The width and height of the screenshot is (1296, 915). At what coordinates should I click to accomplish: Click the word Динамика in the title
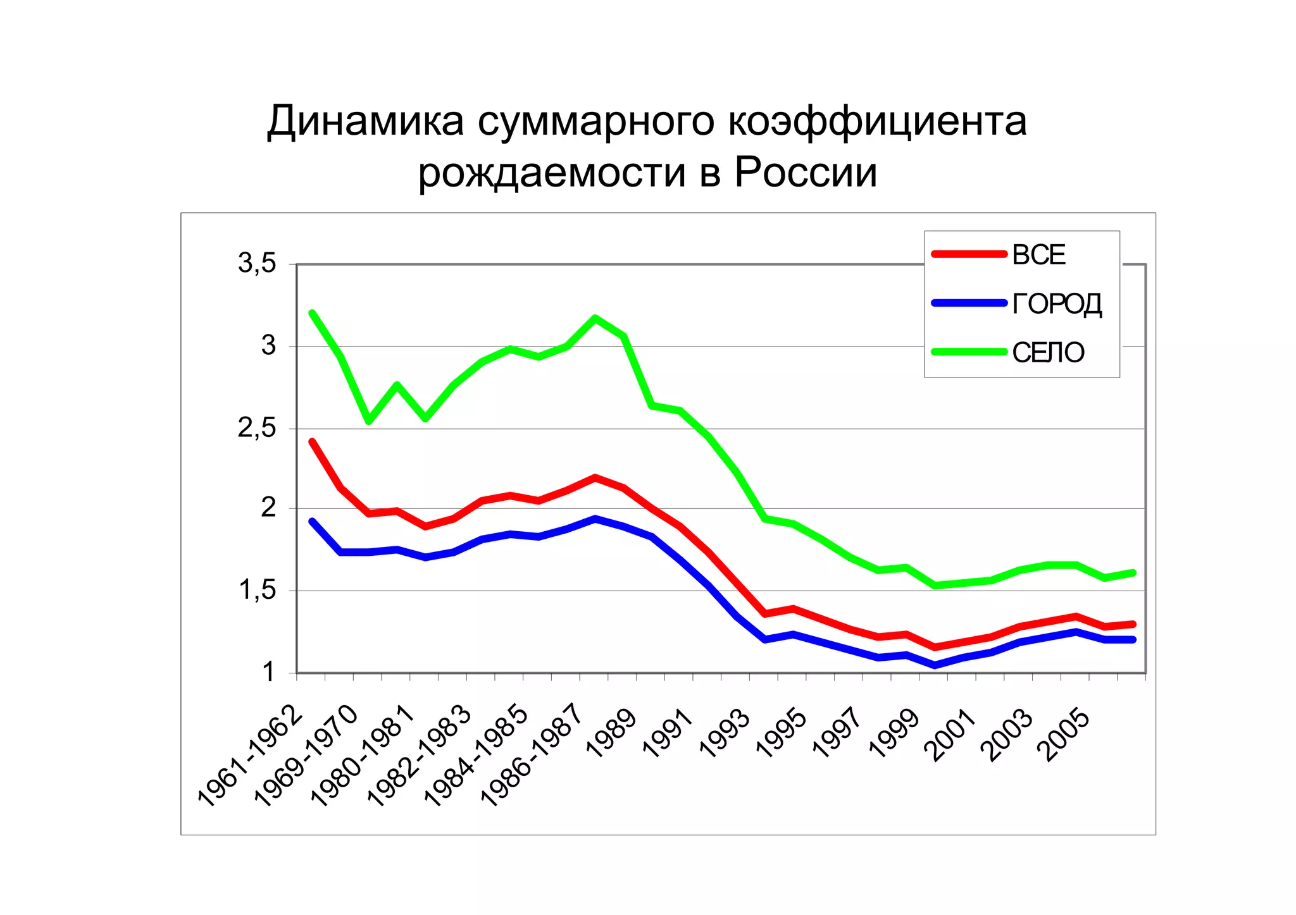pos(365,121)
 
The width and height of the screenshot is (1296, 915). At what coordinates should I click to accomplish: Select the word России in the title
pos(806,172)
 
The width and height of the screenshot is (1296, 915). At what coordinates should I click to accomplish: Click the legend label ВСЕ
pos(1038,255)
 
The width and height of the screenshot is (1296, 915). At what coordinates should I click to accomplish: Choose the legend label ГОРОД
pos(1057,304)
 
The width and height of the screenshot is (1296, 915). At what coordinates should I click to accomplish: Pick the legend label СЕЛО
pos(1048,353)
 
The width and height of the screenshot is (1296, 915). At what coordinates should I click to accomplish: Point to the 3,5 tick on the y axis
pos(258,263)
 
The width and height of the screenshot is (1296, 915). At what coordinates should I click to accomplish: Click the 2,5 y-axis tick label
pos(258,429)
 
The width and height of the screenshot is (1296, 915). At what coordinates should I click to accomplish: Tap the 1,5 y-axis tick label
pos(258,591)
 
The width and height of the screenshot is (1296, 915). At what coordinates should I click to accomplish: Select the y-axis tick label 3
pos(269,346)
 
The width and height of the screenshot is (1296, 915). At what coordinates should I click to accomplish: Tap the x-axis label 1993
pos(725,734)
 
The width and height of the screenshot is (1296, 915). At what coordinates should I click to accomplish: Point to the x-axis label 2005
pos(1066,734)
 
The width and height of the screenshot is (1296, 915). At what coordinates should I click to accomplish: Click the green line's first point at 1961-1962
pos(312,313)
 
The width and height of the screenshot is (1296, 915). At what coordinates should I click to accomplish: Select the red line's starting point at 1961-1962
pos(312,441)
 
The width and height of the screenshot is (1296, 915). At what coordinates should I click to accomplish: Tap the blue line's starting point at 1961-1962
pos(312,521)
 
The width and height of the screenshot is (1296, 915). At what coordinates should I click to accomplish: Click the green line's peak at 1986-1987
pos(595,317)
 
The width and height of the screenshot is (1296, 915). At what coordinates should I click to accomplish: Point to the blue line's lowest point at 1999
pos(935,665)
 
